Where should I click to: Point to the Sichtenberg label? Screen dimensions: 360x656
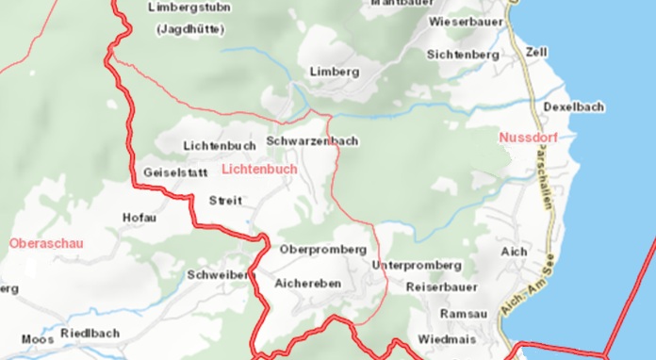point(463,55)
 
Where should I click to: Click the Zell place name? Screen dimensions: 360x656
point(536,51)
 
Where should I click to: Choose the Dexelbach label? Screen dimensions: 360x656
point(574,107)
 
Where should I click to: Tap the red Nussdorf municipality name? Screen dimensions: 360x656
point(528,138)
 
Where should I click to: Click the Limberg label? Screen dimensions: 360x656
point(335,72)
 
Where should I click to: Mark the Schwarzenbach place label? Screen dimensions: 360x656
point(312,141)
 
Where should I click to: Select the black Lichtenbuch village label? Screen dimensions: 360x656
point(220,146)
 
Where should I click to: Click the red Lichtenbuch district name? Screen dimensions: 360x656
point(259,169)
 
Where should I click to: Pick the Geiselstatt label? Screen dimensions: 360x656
point(175,173)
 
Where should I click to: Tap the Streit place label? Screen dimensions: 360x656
point(225,201)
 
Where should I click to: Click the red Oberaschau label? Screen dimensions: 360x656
point(46,243)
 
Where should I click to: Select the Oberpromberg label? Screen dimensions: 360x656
point(322,250)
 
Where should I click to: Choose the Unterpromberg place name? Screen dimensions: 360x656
point(418,266)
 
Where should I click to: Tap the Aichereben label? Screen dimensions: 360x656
point(308,283)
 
